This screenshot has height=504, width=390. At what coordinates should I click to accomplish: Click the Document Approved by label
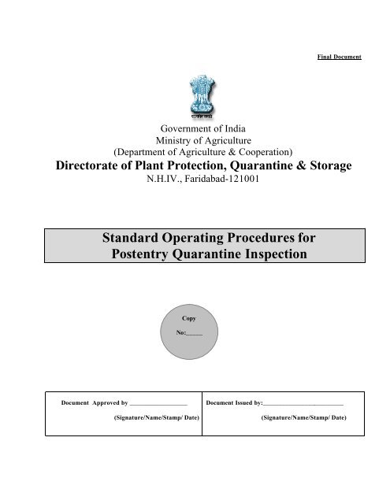point(94,403)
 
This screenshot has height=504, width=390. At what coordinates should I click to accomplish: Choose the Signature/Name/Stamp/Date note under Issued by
point(303,418)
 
